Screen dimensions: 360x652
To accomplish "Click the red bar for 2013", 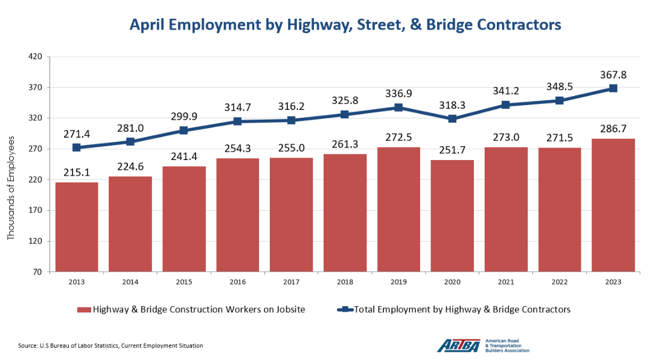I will click(x=77, y=227).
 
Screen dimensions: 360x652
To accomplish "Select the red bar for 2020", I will click(x=452, y=216).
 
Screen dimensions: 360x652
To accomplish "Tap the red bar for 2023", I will click(x=613, y=205).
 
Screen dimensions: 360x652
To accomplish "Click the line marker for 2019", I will click(x=398, y=108).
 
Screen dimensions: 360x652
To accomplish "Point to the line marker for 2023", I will click(x=613, y=88).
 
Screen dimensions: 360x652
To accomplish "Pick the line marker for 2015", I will click(x=184, y=130).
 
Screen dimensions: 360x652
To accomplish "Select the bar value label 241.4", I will click(x=184, y=156).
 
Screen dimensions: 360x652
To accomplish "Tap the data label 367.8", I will click(x=613, y=74).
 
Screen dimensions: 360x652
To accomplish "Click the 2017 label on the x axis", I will click(x=291, y=281).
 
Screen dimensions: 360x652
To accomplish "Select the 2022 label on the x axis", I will click(x=559, y=281).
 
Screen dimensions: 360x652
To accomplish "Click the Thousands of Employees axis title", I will click(x=11, y=188).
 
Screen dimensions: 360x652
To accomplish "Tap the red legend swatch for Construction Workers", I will click(x=83, y=310).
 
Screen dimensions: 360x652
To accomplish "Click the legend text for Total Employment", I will click(x=462, y=309).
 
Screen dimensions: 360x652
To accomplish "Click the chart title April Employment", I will click(x=346, y=25).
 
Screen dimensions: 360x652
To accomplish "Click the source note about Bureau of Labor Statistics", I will click(x=110, y=346).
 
